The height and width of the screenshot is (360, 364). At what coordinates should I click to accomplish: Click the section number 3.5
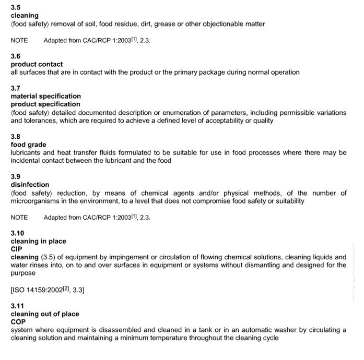tap(16, 7)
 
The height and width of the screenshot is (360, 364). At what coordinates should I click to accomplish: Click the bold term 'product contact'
tap(37, 64)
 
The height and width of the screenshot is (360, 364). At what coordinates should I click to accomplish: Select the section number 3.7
tap(16, 88)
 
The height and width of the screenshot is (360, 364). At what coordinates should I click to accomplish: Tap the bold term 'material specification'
tap(46, 96)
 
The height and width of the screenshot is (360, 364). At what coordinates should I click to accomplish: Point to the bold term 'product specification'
tap(45, 104)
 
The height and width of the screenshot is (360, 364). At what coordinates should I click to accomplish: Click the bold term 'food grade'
tap(28, 145)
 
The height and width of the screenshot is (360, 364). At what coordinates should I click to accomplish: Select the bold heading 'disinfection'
tap(30, 185)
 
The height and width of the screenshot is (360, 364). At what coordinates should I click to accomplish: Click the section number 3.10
tap(17, 233)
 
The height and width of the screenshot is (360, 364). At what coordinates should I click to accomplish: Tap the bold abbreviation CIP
tap(16, 249)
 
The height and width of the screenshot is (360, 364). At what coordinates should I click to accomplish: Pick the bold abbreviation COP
tap(18, 322)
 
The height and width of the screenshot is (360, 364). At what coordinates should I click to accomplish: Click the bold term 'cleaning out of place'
tap(45, 314)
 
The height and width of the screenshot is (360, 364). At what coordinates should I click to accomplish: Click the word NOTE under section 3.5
tap(19, 40)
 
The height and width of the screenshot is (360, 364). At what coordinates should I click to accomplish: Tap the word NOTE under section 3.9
tap(19, 217)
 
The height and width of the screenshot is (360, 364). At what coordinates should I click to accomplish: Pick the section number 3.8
tap(16, 137)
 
